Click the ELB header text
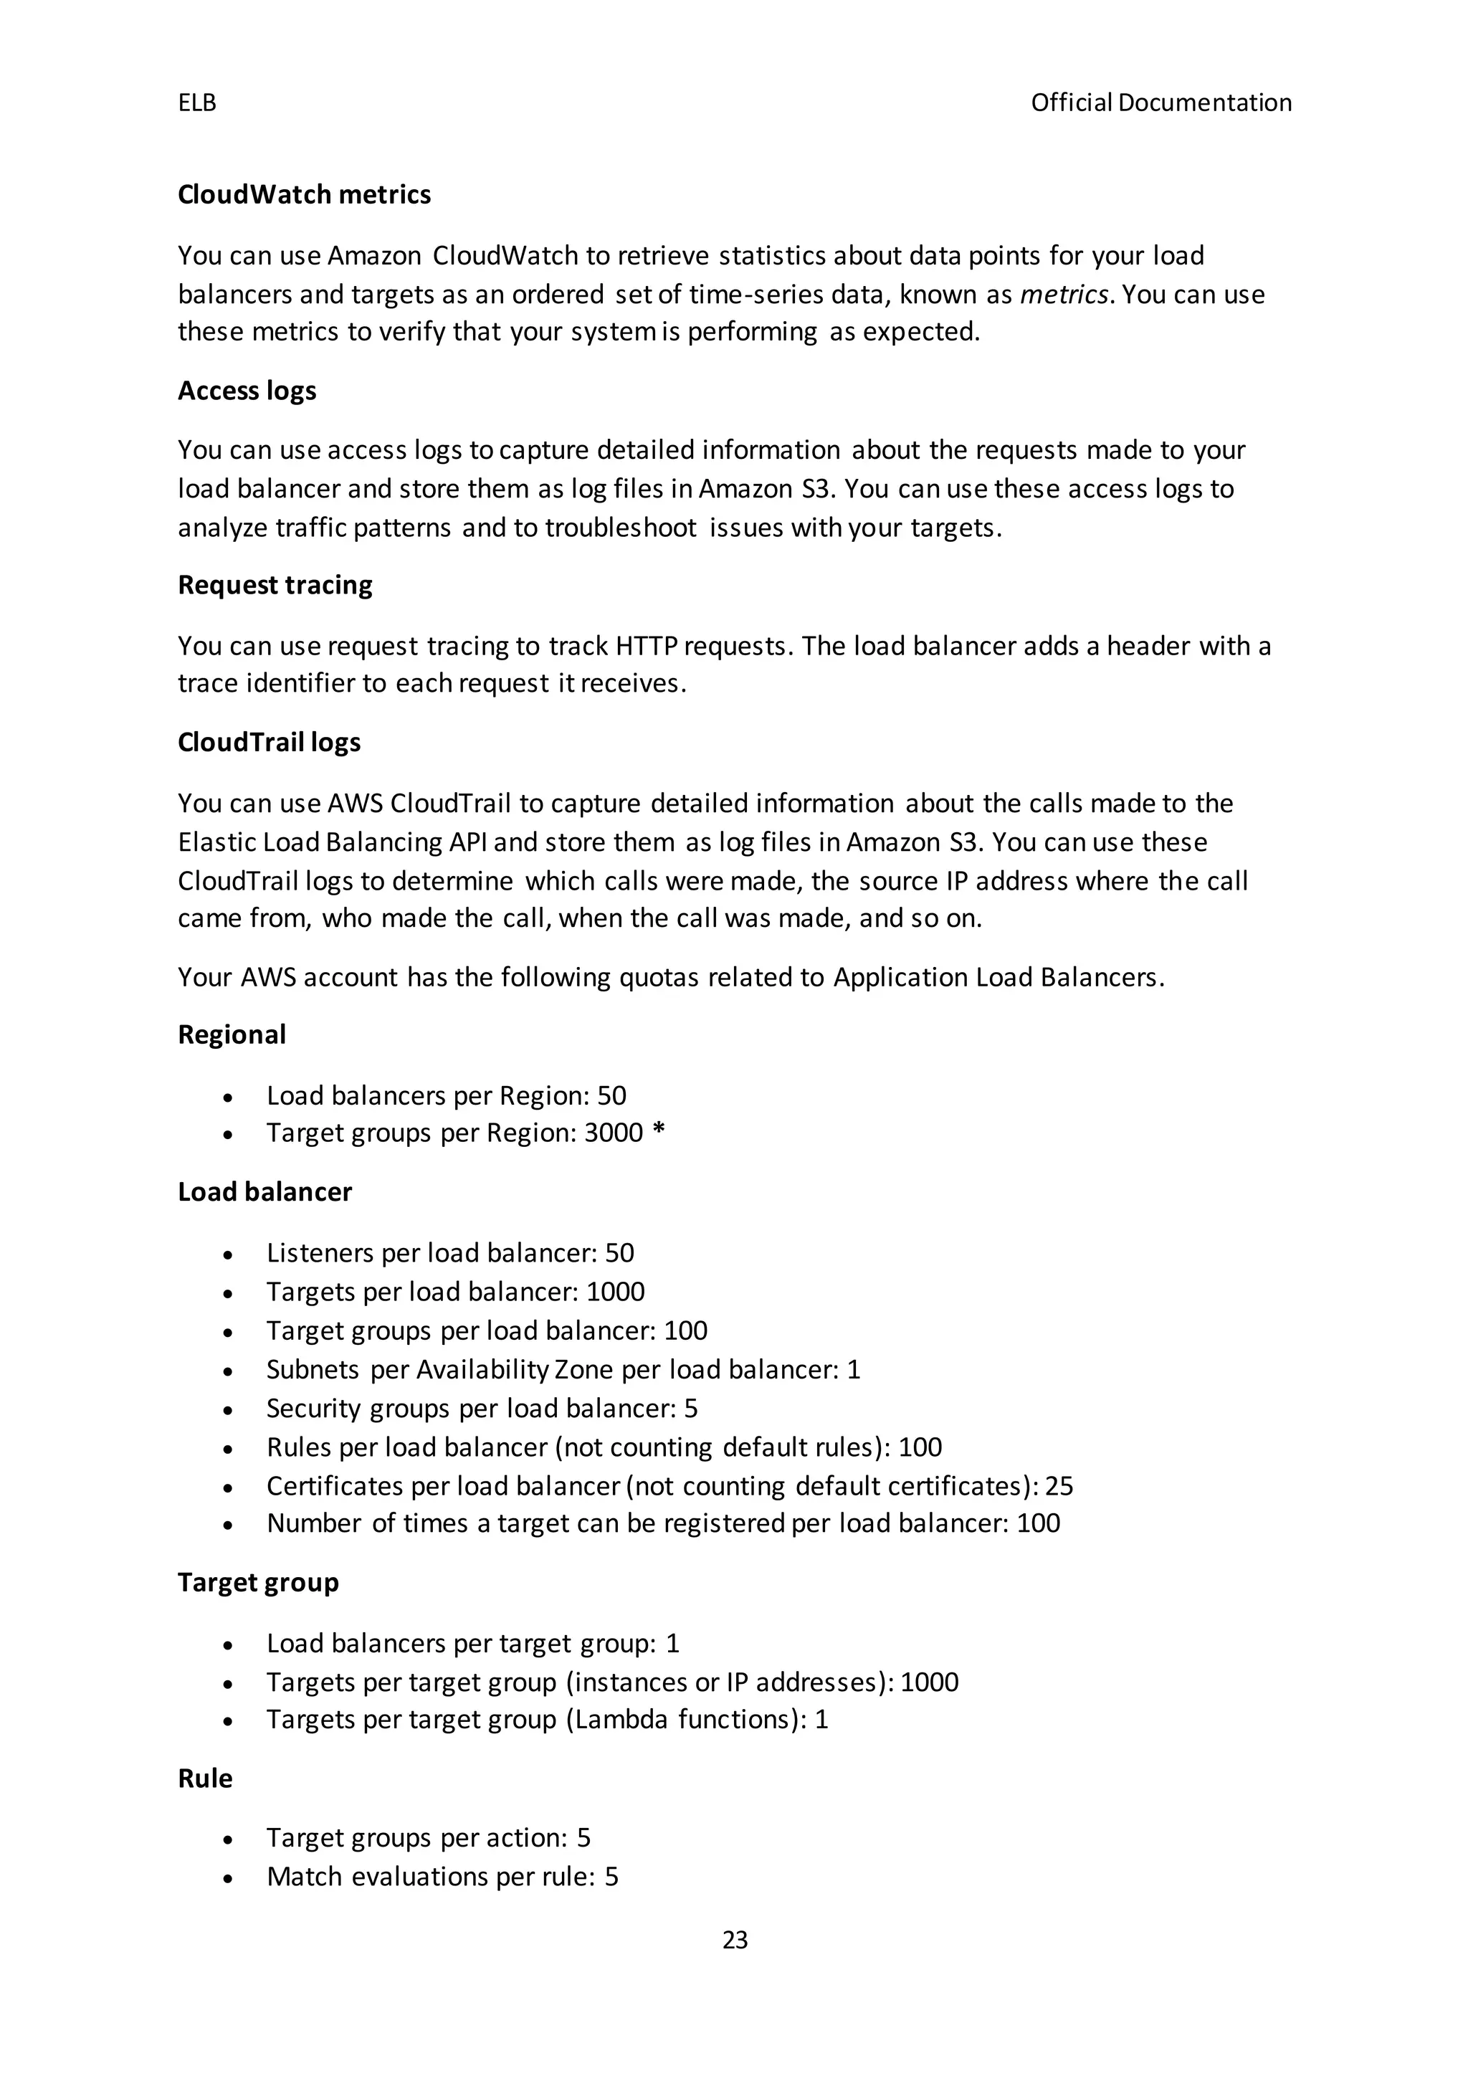[197, 103]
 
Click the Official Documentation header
[1160, 103]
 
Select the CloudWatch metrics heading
[304, 194]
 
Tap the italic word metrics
[1064, 295]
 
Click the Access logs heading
[247, 391]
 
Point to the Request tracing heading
[275, 585]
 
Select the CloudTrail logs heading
[270, 743]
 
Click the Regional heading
[232, 1034]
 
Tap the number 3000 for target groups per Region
[613, 1133]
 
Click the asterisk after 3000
[658, 1131]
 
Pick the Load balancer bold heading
[264, 1191]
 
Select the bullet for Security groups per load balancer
[229, 1409]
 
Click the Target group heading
[259, 1582]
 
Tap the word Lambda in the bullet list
[620, 1719]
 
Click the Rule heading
[205, 1779]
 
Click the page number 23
[735, 1940]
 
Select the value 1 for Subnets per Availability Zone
[853, 1370]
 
